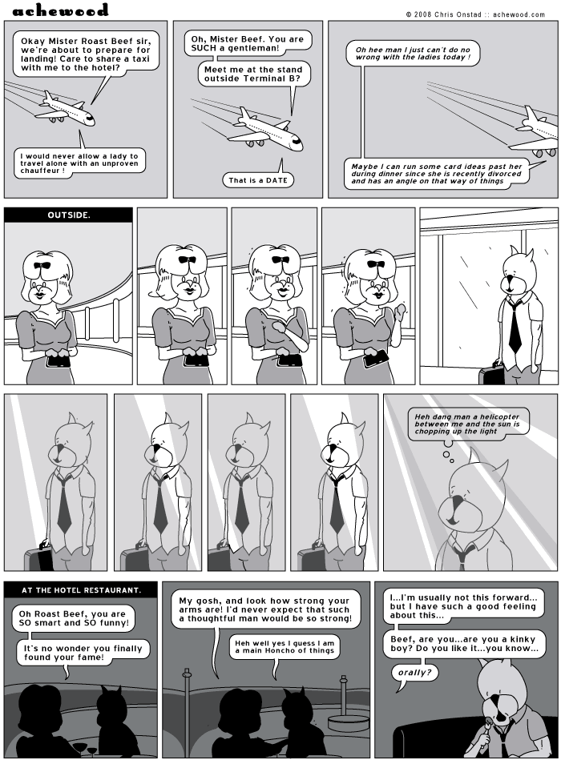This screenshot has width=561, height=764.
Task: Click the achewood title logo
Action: click(x=60, y=10)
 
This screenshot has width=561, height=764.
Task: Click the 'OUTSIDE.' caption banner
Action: click(x=68, y=215)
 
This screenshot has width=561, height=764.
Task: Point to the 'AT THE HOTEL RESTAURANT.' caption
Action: click(x=82, y=590)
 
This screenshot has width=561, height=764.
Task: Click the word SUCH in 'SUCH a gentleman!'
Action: click(x=208, y=49)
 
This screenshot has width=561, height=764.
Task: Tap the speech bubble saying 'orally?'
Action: click(x=416, y=673)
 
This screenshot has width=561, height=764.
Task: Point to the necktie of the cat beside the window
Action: click(x=514, y=328)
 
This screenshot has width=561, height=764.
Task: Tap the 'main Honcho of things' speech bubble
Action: click(x=285, y=647)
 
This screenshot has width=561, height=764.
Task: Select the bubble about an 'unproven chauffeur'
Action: click(x=80, y=162)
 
